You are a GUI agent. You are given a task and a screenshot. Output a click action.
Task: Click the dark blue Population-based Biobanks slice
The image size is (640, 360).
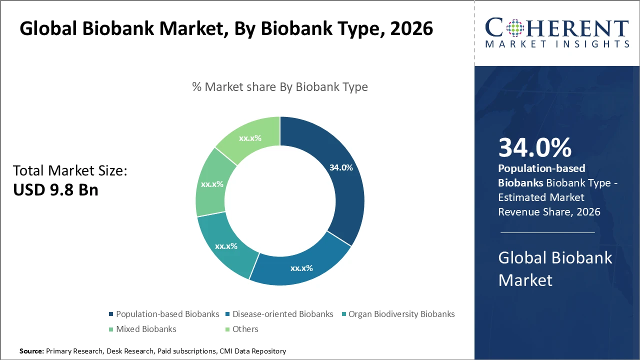345,195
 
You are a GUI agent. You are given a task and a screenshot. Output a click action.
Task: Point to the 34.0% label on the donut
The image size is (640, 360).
341,168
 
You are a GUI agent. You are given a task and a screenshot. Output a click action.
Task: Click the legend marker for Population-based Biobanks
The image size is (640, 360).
111,314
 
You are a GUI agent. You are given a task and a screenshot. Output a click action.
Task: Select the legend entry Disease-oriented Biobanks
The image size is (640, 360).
282,314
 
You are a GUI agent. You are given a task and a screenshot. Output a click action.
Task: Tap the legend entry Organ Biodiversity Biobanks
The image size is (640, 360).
401,314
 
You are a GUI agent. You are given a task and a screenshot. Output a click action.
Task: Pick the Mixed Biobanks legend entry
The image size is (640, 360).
146,329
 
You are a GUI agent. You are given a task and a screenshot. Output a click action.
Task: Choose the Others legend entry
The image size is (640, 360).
245,329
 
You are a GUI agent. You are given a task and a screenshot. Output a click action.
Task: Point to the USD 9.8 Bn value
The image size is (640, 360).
55,190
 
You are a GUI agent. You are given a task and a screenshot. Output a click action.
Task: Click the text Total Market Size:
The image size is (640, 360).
70,171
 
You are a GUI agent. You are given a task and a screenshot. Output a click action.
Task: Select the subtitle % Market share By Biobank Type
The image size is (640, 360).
280,87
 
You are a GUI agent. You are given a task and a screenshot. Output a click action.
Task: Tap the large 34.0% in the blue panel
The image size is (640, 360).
535,148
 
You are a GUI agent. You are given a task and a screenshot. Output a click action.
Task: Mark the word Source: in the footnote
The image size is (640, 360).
32,351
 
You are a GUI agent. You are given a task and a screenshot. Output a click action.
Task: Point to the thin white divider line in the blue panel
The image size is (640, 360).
547,232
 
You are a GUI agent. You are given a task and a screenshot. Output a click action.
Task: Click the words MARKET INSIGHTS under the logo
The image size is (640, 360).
557,44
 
